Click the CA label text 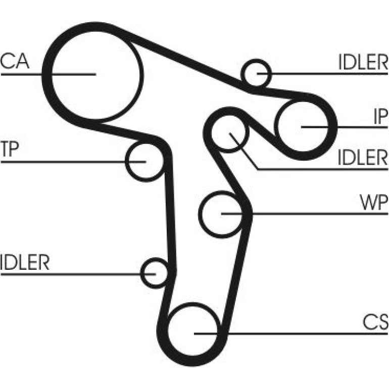(x=15, y=62)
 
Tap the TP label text (x=10, y=149)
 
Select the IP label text (x=380, y=117)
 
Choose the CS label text (x=375, y=322)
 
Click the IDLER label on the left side (x=25, y=262)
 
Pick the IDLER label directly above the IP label (x=363, y=62)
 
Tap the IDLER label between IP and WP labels (x=363, y=158)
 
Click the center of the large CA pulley (x=95, y=74)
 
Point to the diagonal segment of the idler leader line (x=244, y=152)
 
